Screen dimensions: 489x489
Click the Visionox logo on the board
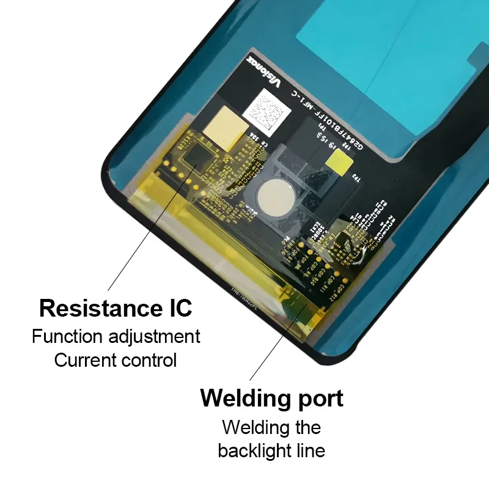262,72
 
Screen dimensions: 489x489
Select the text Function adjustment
116,336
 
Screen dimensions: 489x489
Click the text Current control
116,360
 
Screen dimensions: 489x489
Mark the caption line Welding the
271,427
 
